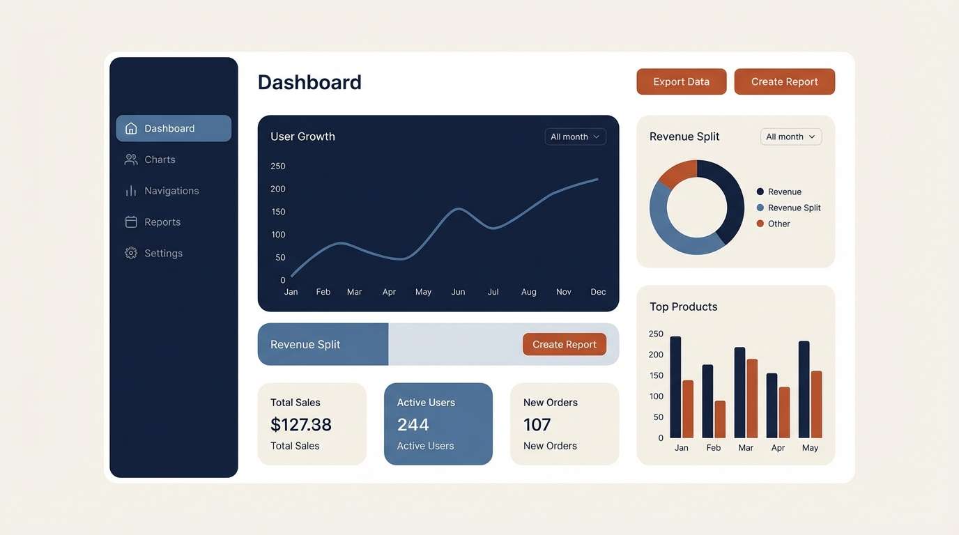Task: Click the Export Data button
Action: click(x=681, y=82)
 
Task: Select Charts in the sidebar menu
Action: click(x=160, y=160)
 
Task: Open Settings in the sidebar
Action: click(x=163, y=254)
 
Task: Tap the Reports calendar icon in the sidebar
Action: click(x=131, y=222)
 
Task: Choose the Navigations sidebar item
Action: click(x=171, y=191)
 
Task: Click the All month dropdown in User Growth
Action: click(x=575, y=137)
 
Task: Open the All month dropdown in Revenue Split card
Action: click(x=790, y=137)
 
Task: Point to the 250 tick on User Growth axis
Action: click(x=278, y=166)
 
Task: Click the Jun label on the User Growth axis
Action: click(x=458, y=292)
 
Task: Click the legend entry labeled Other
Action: click(x=778, y=224)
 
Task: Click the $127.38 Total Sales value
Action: click(x=301, y=424)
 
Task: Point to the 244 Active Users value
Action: click(x=413, y=424)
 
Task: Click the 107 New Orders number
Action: click(x=537, y=424)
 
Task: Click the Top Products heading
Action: click(x=683, y=307)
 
